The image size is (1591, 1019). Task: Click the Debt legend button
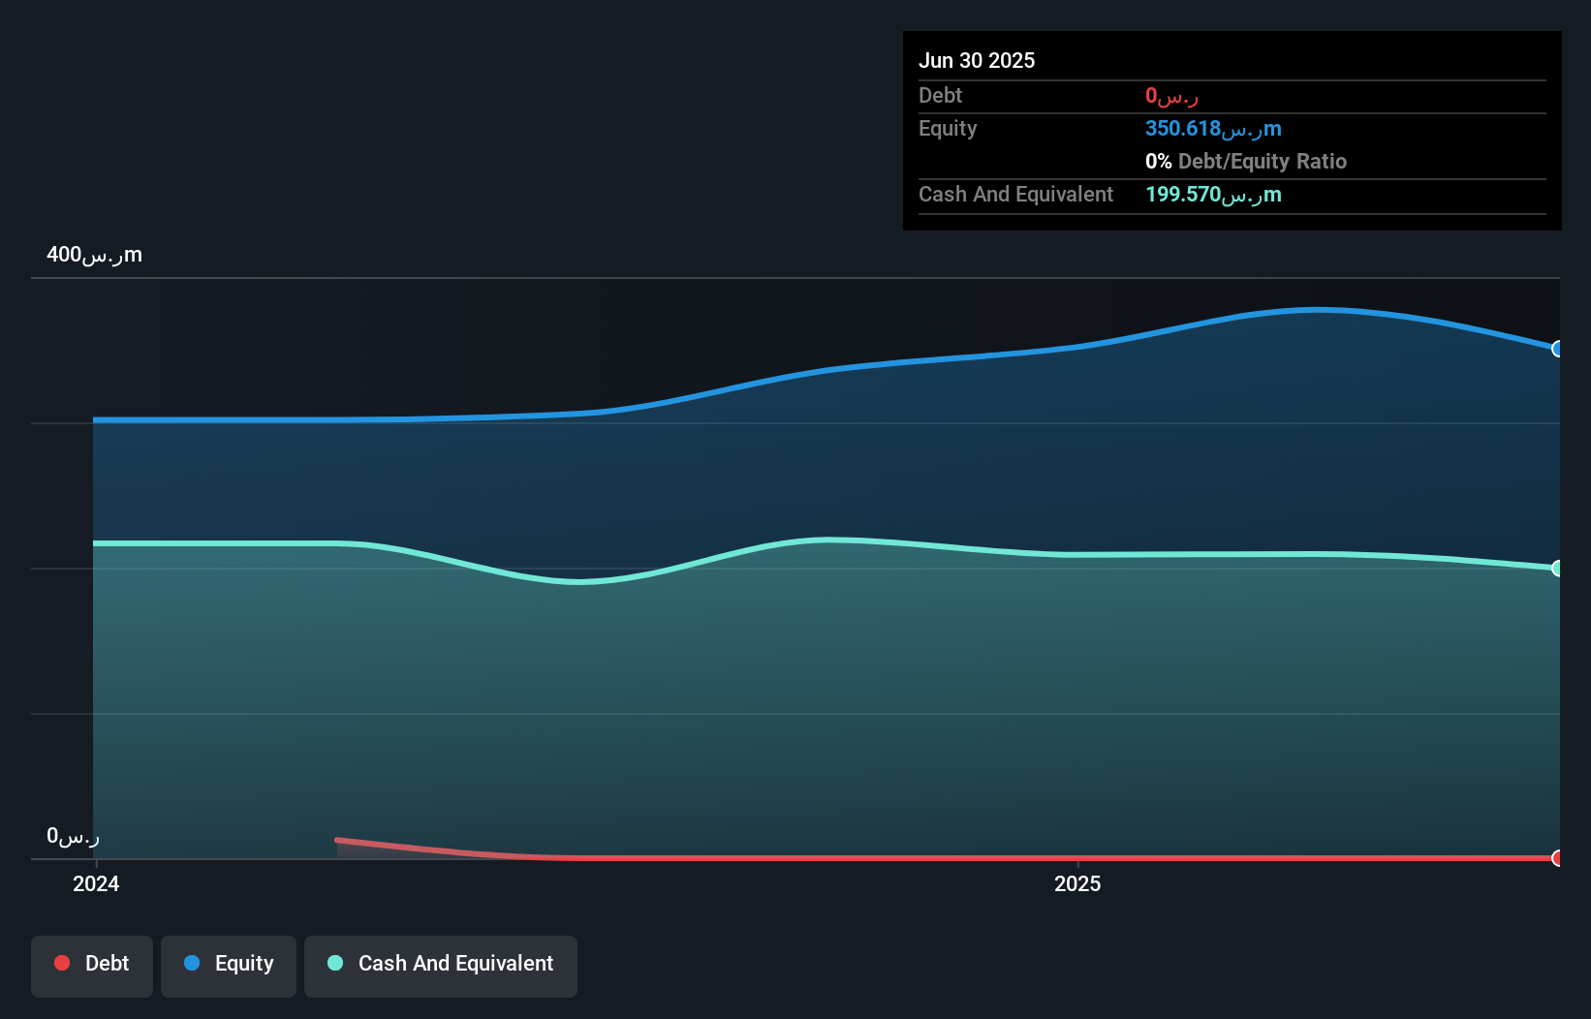point(92,965)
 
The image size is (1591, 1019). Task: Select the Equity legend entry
point(229,965)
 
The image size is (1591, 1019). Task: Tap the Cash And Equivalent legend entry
point(441,965)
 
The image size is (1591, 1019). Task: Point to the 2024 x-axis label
point(96,883)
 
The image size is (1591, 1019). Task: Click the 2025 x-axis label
point(1077,883)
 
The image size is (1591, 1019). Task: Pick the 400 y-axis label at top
point(94,255)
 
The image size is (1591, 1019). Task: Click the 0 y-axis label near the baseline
point(73,836)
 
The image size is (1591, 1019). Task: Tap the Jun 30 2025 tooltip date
point(977,60)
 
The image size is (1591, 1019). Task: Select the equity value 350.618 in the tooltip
point(1212,129)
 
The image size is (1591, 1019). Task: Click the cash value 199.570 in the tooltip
point(1212,195)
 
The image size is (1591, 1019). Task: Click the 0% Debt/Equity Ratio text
point(1245,162)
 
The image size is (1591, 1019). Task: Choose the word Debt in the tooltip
point(940,96)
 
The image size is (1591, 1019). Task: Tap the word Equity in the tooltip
point(948,129)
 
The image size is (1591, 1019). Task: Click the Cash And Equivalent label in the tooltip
point(1015,195)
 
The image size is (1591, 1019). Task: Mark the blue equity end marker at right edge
point(1557,349)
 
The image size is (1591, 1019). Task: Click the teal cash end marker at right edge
point(1557,569)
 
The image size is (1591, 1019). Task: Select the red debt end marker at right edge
point(1557,858)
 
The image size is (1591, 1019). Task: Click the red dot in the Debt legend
point(62,963)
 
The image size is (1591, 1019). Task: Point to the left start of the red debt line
point(338,840)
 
